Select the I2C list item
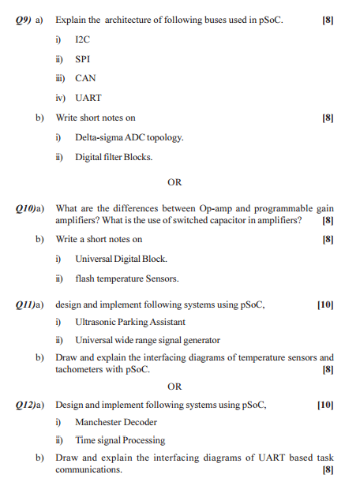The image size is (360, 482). pos(83,39)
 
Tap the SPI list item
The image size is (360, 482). pos(83,58)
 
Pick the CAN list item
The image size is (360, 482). pos(85,78)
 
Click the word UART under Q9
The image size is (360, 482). pos(88,98)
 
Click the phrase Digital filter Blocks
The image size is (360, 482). pos(114,156)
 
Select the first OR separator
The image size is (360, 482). pos(174,183)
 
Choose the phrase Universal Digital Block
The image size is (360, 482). pos(121,258)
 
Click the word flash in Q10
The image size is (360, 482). pos(85,278)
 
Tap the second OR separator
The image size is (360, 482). pos(174,387)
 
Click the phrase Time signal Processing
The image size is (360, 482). pos(120,440)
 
